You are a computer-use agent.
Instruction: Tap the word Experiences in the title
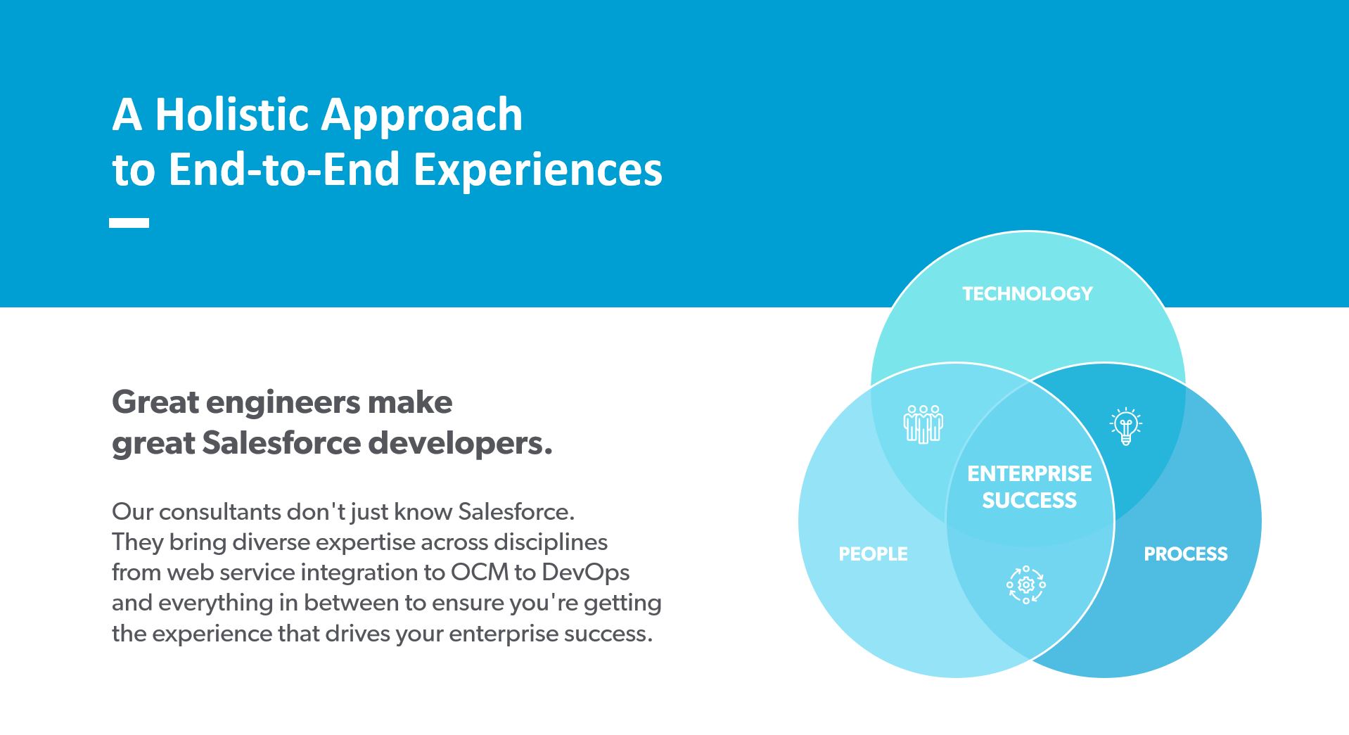coord(538,171)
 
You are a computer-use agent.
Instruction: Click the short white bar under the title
coord(129,223)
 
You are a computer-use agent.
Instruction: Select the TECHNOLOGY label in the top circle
coord(1028,294)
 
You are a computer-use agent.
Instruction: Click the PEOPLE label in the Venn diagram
coord(873,554)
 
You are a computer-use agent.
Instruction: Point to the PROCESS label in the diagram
coord(1186,554)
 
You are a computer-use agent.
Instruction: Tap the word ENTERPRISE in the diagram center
coord(1030,474)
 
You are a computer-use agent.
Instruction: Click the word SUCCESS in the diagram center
coord(1030,501)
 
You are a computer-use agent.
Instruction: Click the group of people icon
coord(923,423)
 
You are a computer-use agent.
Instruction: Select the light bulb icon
coord(1126,426)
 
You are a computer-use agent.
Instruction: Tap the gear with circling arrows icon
coord(1026,584)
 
